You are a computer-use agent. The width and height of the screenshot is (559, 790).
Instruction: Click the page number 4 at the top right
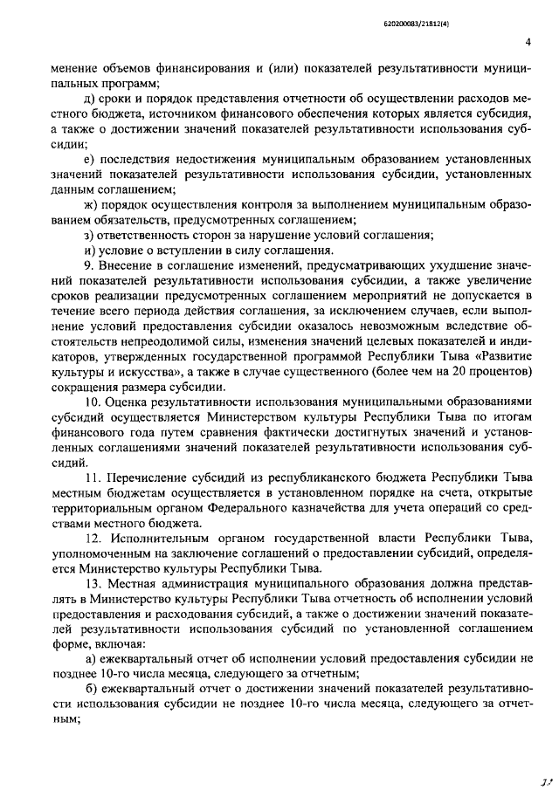[528, 41]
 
